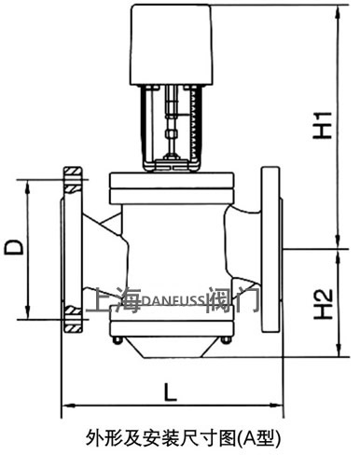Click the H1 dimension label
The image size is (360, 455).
(323, 125)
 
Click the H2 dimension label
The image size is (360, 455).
(323, 304)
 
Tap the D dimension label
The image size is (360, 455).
(14, 247)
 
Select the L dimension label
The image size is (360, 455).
(171, 392)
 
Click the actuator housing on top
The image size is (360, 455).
(172, 45)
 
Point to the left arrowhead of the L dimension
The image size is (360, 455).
(69, 406)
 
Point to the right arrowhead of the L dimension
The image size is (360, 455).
(276, 405)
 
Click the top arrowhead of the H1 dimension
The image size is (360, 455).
(338, 12)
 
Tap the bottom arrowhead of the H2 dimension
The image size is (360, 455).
(338, 350)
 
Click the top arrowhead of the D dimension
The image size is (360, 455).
(28, 187)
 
